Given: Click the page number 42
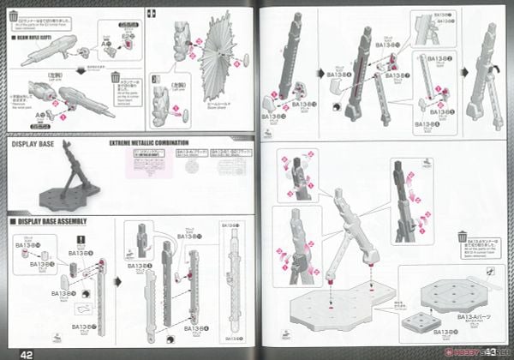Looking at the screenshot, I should [27, 349].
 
